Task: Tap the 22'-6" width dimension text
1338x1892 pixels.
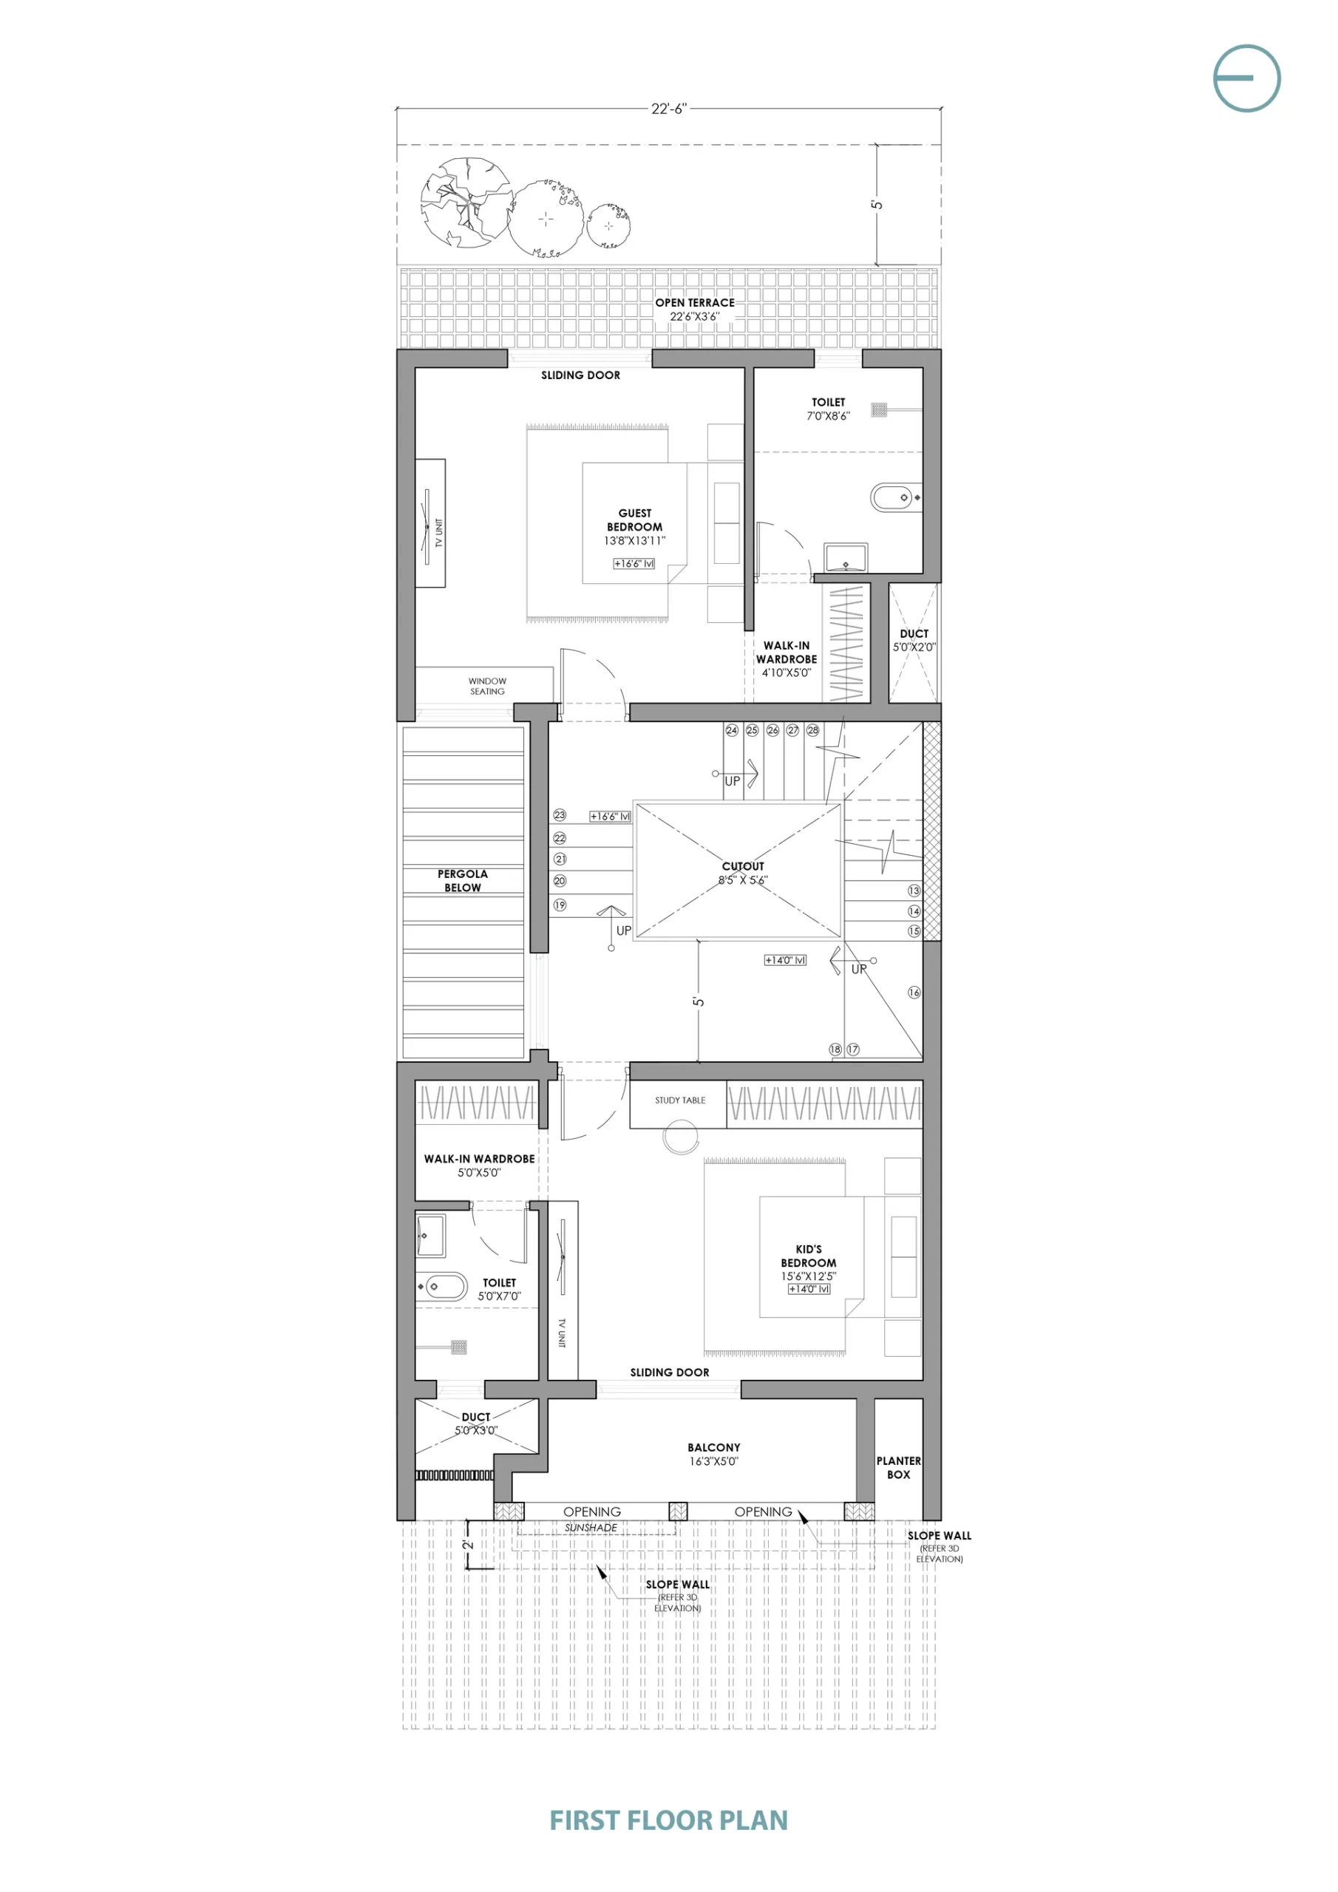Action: (x=668, y=109)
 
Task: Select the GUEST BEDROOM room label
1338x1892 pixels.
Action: (x=635, y=520)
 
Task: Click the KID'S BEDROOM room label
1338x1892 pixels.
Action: (x=809, y=1256)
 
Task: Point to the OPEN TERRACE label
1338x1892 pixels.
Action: (x=695, y=302)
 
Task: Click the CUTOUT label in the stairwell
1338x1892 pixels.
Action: (x=743, y=866)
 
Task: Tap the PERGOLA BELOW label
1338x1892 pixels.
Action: (x=463, y=880)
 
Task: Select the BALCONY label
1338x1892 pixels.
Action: (x=714, y=1447)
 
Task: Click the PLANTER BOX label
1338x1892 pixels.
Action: (x=899, y=1468)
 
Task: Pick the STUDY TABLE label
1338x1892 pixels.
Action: (x=680, y=1100)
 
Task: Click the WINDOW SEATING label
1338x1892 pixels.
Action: (x=487, y=687)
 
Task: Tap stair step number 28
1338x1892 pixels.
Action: (x=813, y=730)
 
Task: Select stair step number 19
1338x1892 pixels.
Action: (x=560, y=905)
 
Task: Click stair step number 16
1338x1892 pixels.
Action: (x=914, y=992)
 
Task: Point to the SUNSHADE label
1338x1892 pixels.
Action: (x=591, y=1527)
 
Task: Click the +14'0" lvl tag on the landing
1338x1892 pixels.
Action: (x=785, y=960)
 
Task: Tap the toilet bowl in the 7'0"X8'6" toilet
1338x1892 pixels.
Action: (x=894, y=497)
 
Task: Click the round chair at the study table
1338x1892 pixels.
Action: (x=680, y=1138)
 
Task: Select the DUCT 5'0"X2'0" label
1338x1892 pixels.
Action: (x=914, y=640)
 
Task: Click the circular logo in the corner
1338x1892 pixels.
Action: (x=1246, y=78)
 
